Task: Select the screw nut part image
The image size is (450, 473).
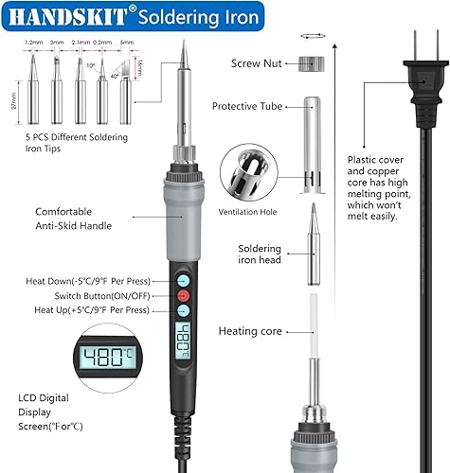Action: pyautogui.click(x=312, y=64)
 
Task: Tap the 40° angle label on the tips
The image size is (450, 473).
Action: pyautogui.click(x=115, y=76)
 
